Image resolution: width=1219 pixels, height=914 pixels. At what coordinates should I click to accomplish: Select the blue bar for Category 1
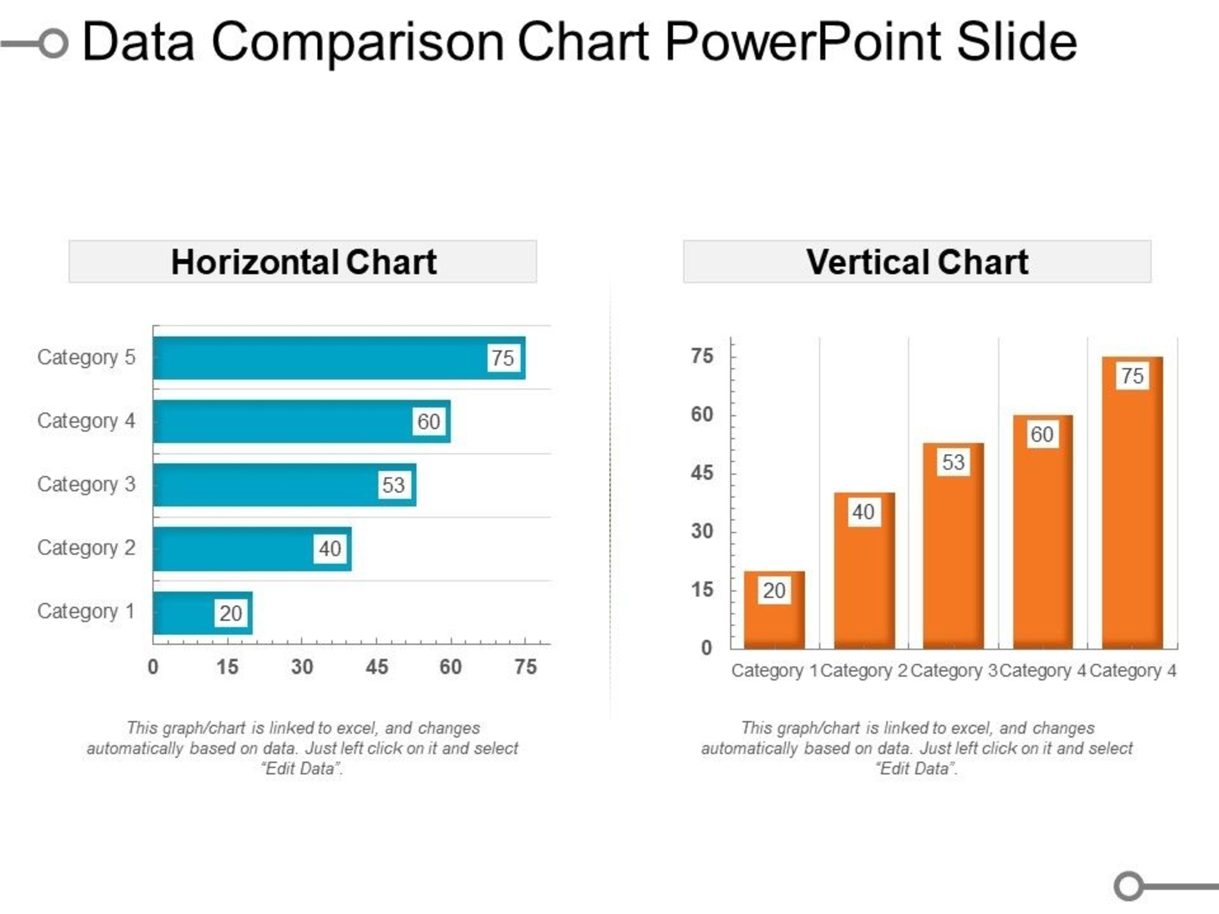[x=185, y=613]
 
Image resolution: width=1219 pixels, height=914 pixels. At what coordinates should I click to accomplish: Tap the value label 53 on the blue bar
[x=393, y=485]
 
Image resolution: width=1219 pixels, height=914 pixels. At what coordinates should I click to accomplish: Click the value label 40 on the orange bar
[x=863, y=512]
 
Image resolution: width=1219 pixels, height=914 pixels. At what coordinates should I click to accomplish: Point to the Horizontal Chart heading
[x=303, y=262]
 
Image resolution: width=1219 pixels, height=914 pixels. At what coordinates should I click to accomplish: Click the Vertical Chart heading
[x=917, y=262]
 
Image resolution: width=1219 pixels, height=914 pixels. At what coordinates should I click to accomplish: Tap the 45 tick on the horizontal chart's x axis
[x=377, y=666]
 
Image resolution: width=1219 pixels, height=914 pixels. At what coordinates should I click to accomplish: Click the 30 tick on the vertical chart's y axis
[x=702, y=531]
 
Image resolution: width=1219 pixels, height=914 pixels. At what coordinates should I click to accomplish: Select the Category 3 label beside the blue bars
[x=86, y=484]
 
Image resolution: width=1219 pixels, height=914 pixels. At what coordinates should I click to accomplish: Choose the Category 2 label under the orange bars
[x=864, y=671]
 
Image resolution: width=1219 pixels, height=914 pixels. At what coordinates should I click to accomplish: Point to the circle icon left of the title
[x=54, y=43]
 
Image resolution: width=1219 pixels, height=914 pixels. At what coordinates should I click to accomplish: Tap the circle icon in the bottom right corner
[x=1129, y=886]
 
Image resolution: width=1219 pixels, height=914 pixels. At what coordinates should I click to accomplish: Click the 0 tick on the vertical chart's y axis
[x=707, y=647]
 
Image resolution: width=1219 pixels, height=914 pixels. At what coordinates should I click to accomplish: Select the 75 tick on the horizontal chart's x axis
[x=526, y=666]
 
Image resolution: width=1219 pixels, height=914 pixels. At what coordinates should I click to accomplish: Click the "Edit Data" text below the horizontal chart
[x=302, y=768]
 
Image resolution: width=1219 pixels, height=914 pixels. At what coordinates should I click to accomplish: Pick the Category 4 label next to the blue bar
[x=86, y=421]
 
